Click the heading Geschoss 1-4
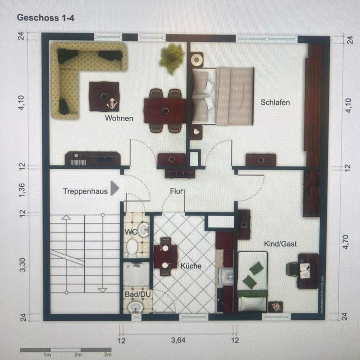(45, 18)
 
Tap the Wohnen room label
(119, 118)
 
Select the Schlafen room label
(275, 102)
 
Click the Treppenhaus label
(85, 192)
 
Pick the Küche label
(191, 266)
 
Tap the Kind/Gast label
(280, 244)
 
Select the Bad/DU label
(135, 294)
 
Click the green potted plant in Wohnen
(171, 58)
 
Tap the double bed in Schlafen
(223, 96)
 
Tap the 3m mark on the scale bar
(107, 355)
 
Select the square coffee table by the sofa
(104, 96)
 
